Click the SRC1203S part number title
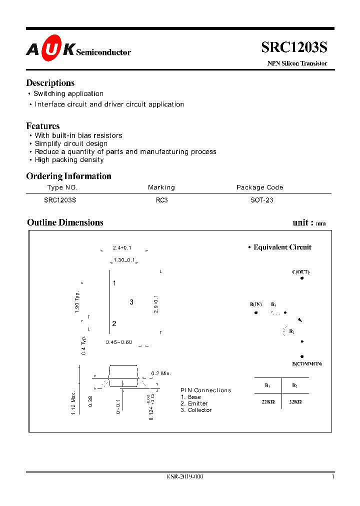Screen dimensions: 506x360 294,47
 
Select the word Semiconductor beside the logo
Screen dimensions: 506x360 103,52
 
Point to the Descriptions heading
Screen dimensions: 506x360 50,83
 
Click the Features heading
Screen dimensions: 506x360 42,126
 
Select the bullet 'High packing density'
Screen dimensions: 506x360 69,160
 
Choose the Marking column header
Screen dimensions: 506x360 161,187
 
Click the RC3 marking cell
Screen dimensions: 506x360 161,200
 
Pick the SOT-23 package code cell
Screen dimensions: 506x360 261,200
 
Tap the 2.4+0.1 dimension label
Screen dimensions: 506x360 122,248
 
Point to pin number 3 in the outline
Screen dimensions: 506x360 131,302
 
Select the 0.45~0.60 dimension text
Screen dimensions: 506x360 119,342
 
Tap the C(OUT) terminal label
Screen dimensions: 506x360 300,272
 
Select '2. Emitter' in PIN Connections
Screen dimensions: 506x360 194,403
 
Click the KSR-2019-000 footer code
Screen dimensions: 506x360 184,476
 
